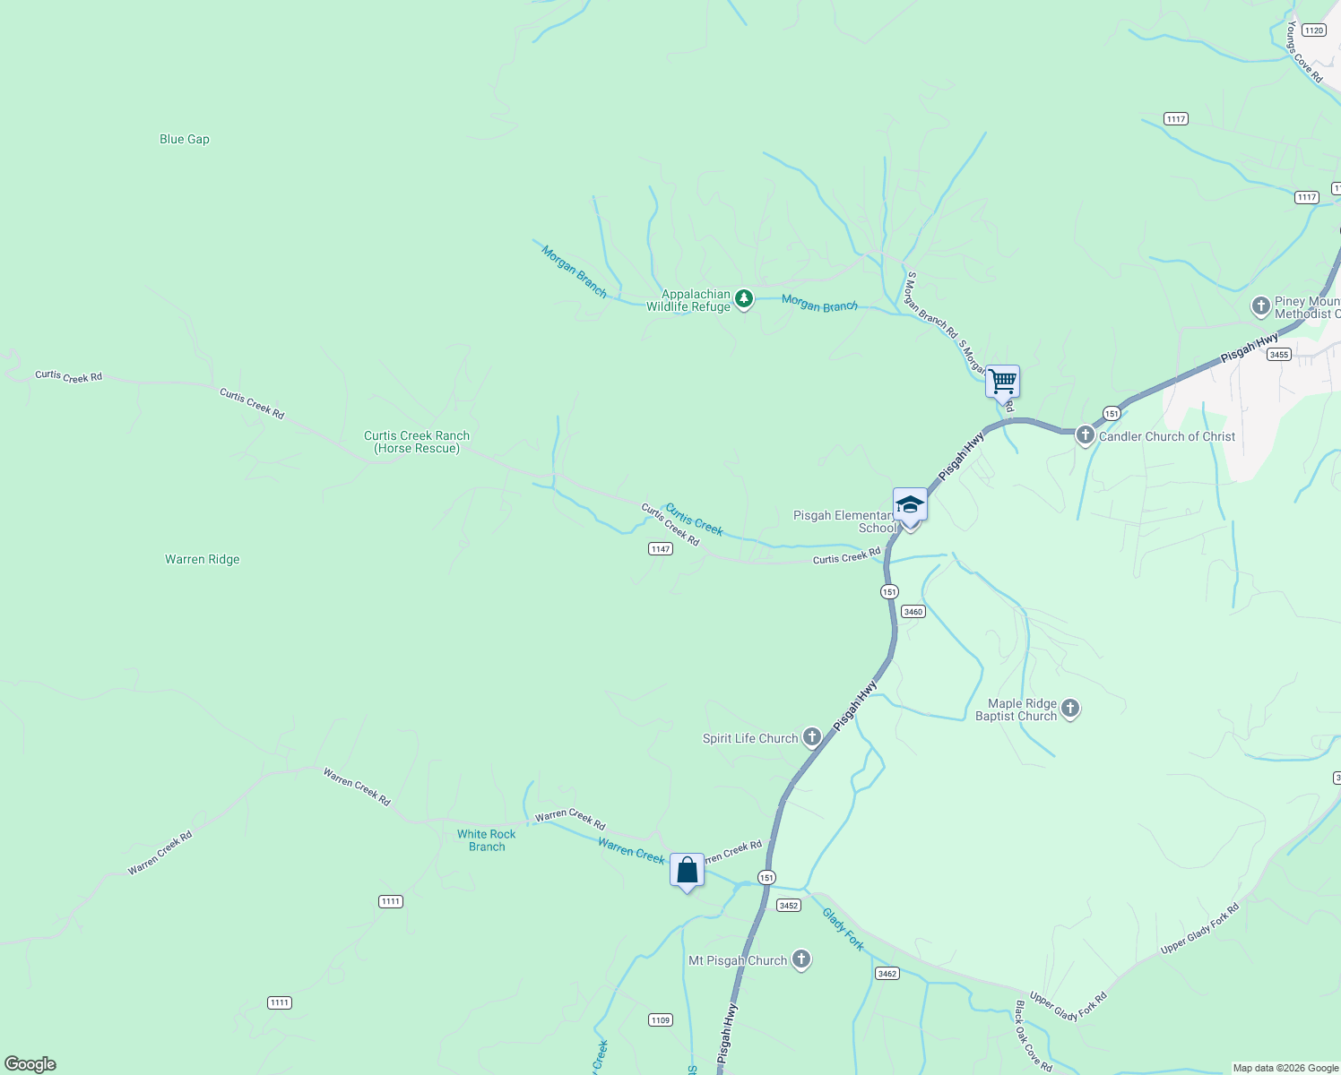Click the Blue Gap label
coord(185,139)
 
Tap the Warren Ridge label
coord(203,559)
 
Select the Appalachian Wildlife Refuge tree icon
coord(743,298)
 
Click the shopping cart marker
coord(1002,382)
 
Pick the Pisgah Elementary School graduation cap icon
coord(910,505)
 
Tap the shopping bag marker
coord(687,870)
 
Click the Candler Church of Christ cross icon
coord(1086,436)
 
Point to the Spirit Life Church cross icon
coord(812,737)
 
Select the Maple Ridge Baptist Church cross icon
coord(1070,709)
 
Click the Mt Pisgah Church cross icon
coord(801,960)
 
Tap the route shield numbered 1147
coord(661,549)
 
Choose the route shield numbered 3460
coord(913,612)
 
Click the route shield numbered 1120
coord(1314,30)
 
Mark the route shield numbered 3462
coord(887,974)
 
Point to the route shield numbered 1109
coord(661,1020)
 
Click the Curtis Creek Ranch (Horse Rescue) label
coord(417,442)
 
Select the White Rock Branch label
coord(487,840)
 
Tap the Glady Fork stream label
coord(843,929)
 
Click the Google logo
coord(30,1064)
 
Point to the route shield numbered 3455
coord(1279,355)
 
